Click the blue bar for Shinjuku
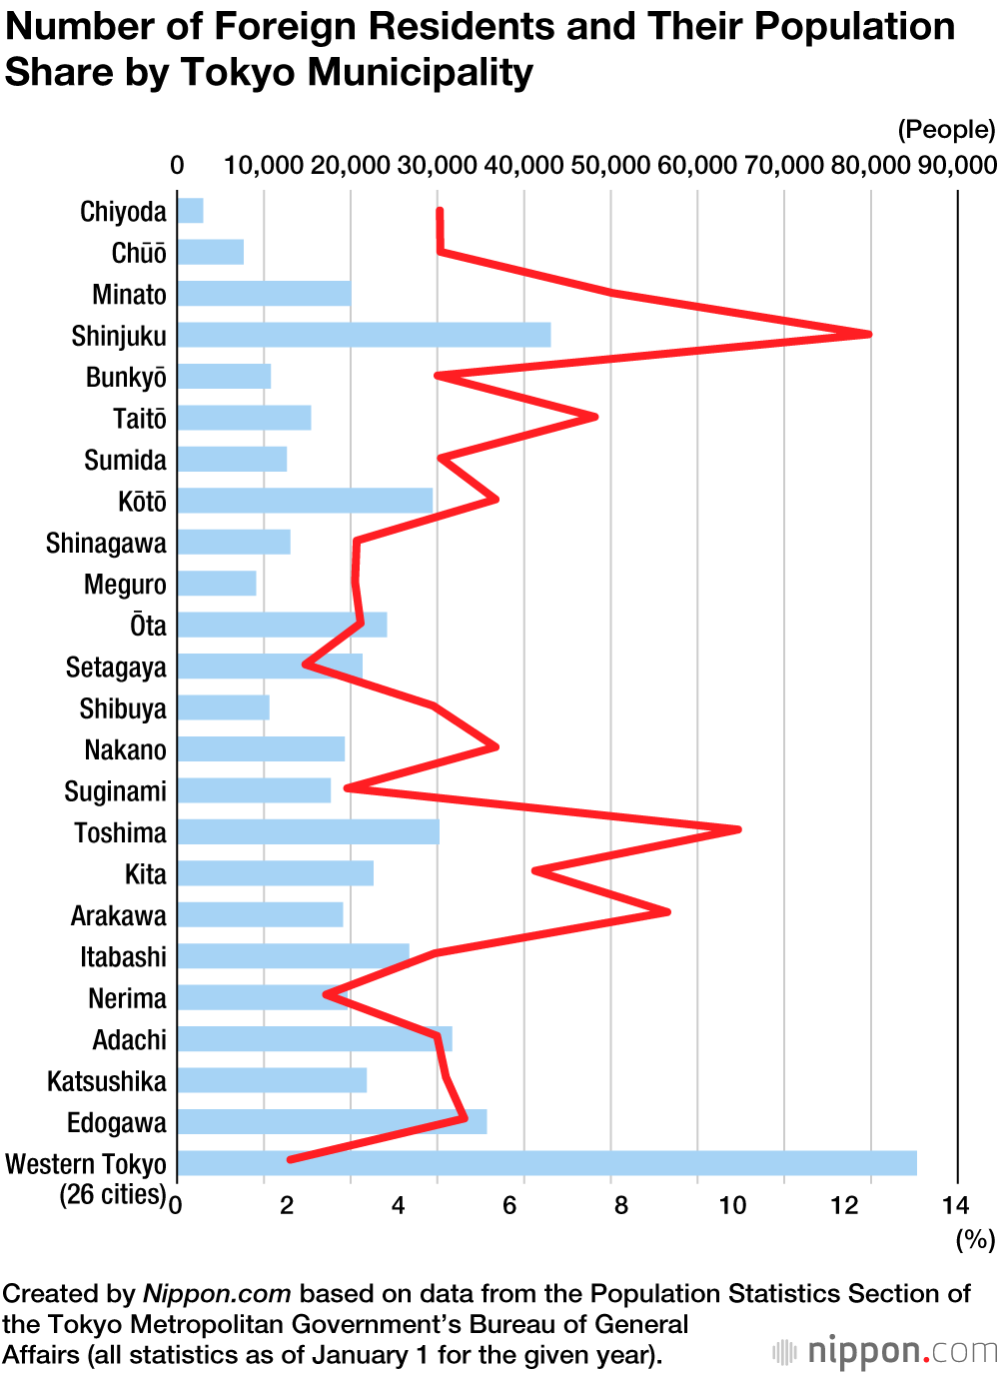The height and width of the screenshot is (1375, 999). click(x=364, y=335)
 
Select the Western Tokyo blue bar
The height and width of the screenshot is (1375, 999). click(x=546, y=1163)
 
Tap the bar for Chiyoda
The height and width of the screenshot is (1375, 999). click(x=190, y=211)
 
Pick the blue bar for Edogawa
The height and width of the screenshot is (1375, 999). click(x=332, y=1122)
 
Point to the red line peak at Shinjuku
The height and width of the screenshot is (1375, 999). click(x=869, y=334)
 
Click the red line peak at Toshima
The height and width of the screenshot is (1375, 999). click(x=738, y=828)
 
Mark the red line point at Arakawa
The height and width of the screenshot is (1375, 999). click(x=667, y=911)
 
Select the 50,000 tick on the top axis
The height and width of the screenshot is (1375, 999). click(x=610, y=165)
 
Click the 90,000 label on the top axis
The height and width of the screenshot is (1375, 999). click(x=957, y=165)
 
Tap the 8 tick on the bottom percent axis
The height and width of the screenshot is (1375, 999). click(x=620, y=1205)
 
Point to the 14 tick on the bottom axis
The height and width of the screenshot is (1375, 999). click(x=955, y=1205)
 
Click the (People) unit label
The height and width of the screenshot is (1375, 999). click(x=946, y=130)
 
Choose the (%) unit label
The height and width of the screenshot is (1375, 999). click(x=975, y=1240)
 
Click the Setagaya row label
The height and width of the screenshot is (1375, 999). click(x=116, y=668)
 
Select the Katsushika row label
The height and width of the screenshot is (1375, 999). click(x=107, y=1081)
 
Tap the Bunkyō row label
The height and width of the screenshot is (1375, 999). click(x=126, y=378)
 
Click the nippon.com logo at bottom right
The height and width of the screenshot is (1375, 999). click(x=885, y=1352)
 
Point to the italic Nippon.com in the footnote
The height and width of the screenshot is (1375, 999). click(x=217, y=1294)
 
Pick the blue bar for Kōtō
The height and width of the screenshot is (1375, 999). click(x=305, y=501)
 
